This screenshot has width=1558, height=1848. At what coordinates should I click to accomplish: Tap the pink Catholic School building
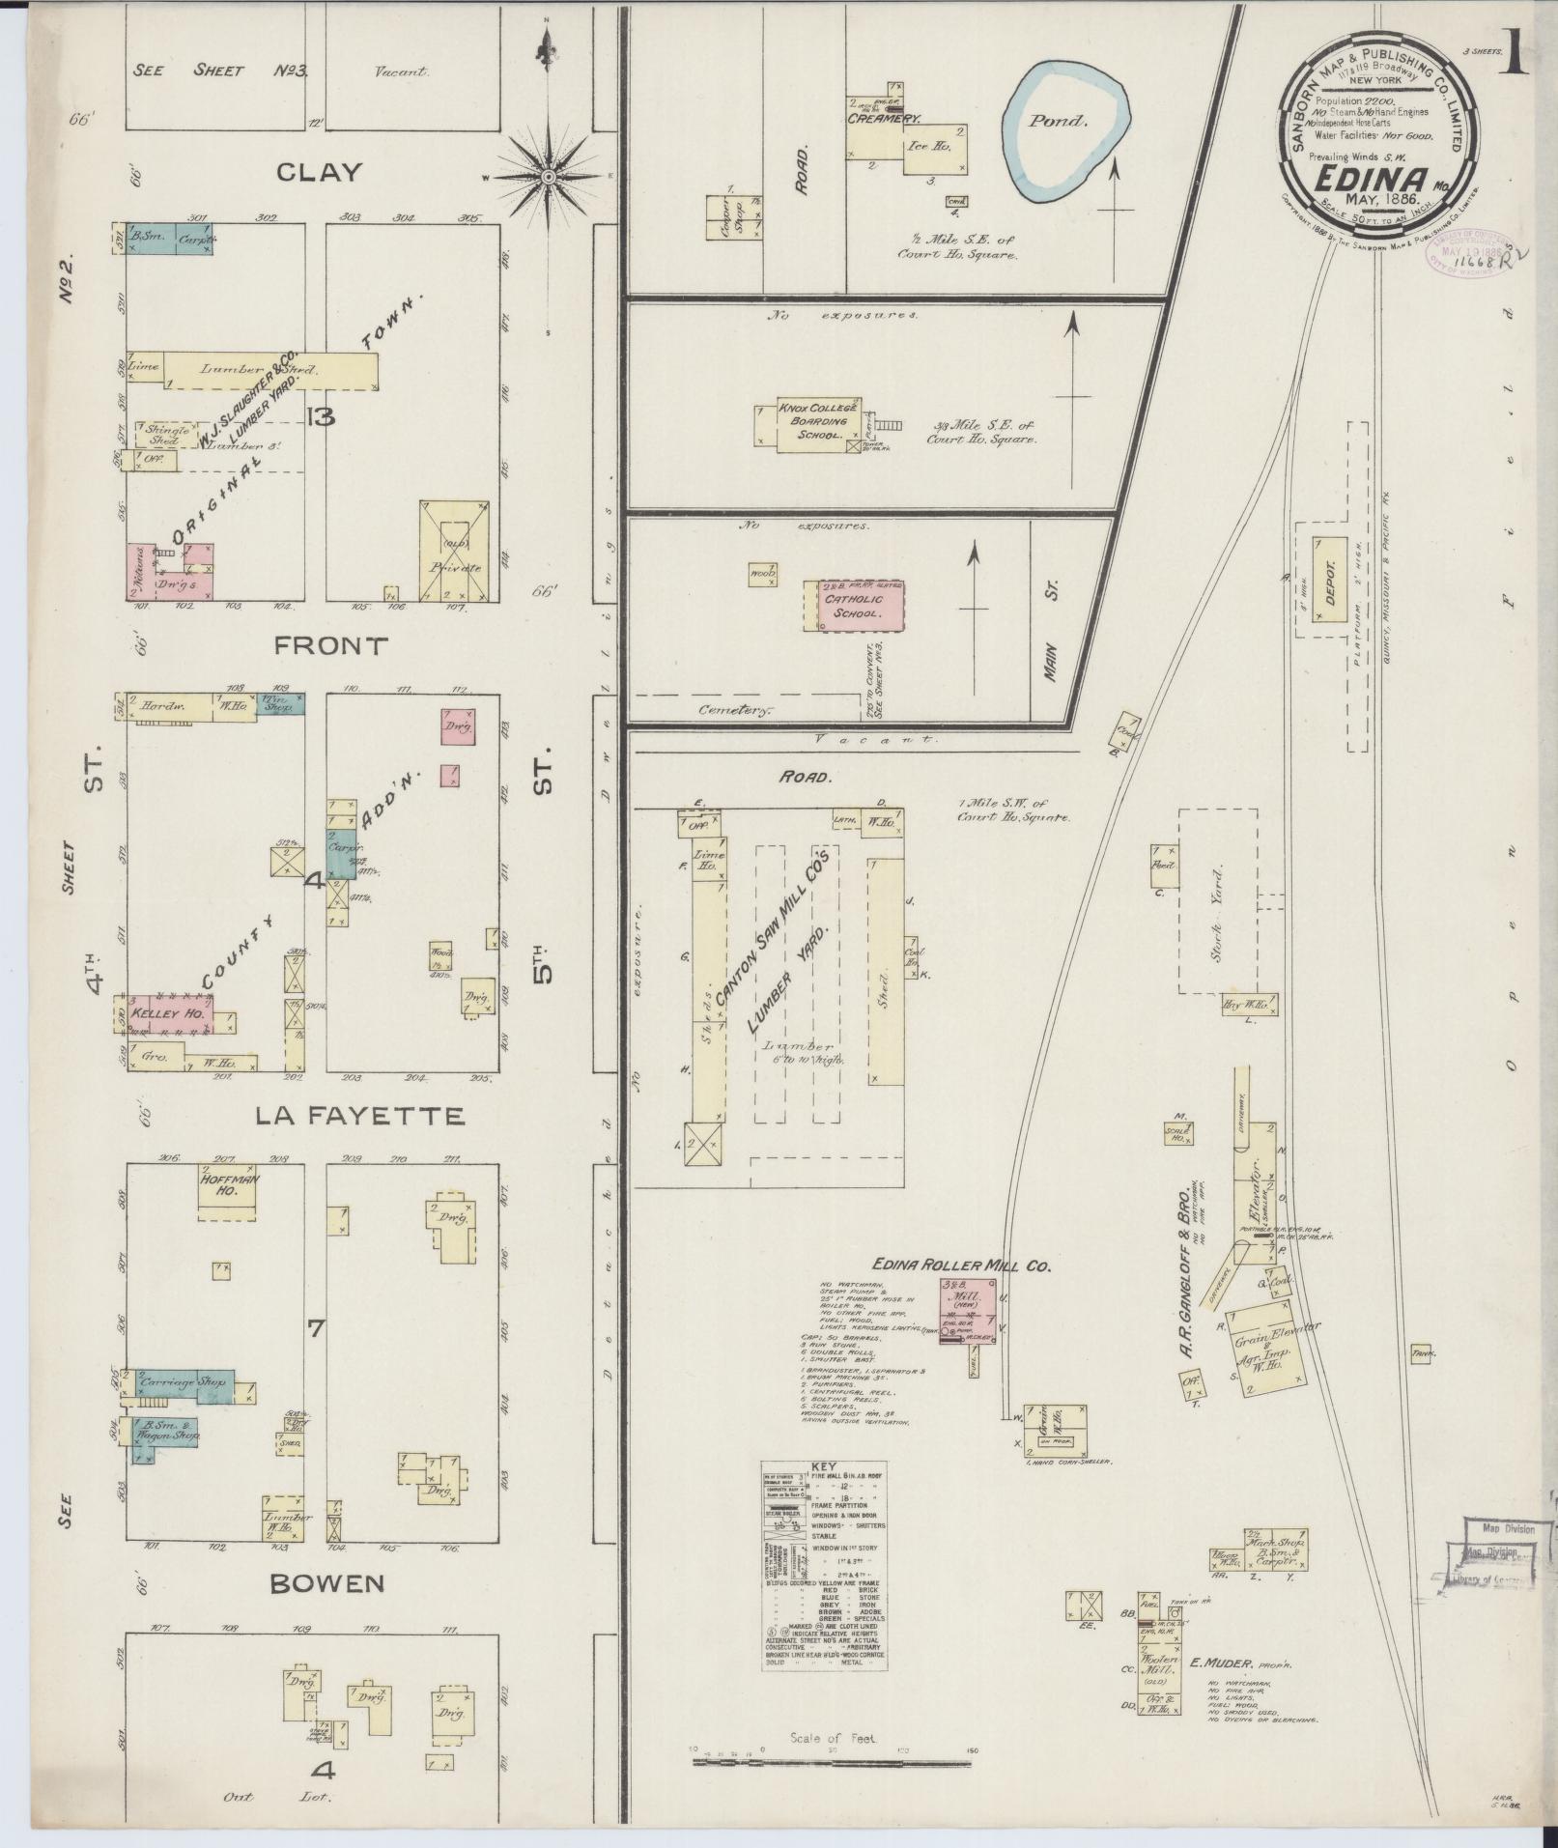tap(853, 606)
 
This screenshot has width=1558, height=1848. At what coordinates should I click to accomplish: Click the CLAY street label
tap(319, 173)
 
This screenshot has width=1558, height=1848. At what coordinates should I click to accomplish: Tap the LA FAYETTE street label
tap(359, 1117)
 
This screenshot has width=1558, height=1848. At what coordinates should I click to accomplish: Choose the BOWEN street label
tap(327, 1583)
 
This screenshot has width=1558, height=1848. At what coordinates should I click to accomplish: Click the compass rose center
tap(548, 177)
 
